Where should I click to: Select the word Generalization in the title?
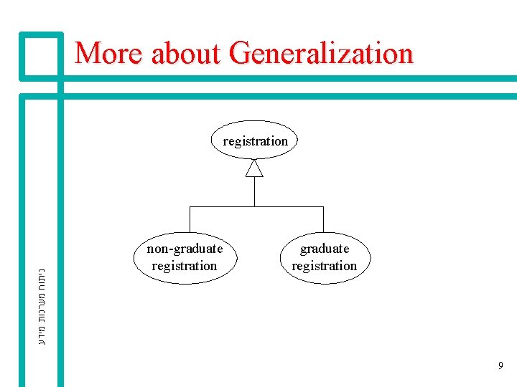[321, 53]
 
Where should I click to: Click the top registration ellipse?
[255, 140]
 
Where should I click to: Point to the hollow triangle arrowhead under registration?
[254, 168]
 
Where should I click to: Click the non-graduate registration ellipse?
[185, 257]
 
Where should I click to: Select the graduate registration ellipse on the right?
[324, 257]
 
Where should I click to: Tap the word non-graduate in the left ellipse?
[185, 249]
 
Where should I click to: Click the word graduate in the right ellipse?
[325, 249]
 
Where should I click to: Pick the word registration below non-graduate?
[185, 266]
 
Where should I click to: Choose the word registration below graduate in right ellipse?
[325, 266]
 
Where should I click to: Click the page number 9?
[500, 366]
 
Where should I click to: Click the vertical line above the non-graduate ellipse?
[189, 219]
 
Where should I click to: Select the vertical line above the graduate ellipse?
[323, 219]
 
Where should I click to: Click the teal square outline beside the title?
[42, 54]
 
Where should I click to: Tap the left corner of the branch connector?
[189, 207]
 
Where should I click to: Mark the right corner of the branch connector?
[323, 207]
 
